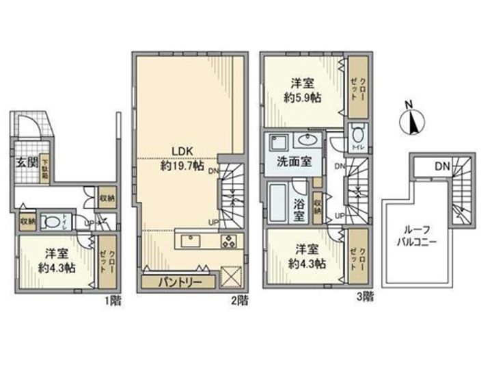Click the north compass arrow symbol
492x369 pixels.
(411, 123)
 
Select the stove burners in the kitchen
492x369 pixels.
(228, 241)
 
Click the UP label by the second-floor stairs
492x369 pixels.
(214, 222)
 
